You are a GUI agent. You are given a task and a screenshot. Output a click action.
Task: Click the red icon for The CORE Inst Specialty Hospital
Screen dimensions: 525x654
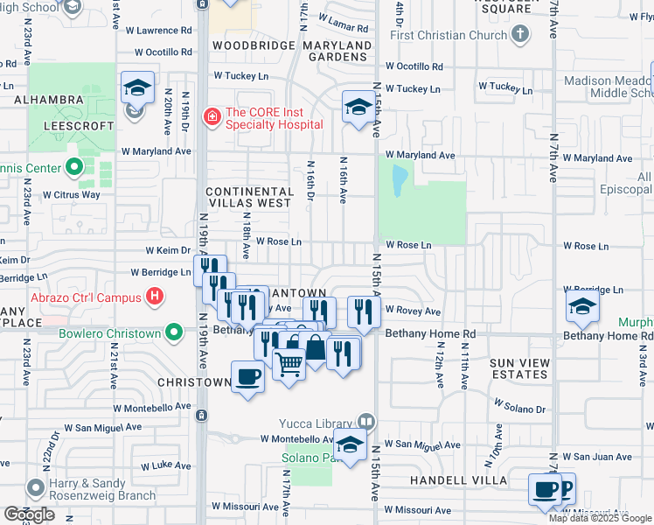[211, 115]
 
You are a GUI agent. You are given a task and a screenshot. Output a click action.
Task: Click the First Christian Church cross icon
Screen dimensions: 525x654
[520, 35]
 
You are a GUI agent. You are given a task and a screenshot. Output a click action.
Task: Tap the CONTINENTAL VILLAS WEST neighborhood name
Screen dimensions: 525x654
[249, 197]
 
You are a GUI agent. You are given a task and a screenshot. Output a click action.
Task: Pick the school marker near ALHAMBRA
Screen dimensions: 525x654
[137, 88]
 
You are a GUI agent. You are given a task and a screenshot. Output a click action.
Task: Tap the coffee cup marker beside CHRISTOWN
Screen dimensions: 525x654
[247, 377]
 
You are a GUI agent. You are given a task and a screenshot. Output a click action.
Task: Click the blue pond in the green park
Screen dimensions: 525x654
[400, 179]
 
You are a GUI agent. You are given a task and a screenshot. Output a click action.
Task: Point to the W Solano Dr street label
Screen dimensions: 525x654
[519, 407]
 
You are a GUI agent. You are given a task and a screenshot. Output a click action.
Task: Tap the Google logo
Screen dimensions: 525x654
[29, 514]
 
